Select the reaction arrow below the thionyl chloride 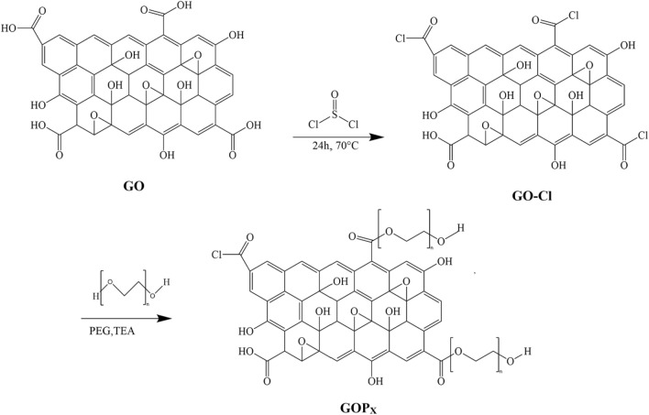coord(331,138)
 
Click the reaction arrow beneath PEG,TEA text coord(102,319)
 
